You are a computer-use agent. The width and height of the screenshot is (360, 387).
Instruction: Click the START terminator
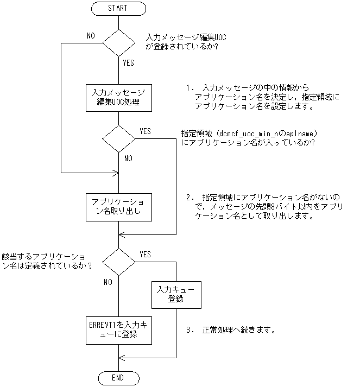pos(118,9)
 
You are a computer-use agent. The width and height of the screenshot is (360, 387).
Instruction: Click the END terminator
pos(118,378)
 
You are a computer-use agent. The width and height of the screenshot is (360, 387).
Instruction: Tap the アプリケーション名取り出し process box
pos(118,206)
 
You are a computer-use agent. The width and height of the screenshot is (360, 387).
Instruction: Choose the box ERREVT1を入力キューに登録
pos(118,329)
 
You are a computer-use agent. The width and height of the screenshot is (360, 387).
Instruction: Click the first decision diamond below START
pos(118,42)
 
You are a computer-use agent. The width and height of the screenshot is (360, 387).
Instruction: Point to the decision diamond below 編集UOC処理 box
pos(118,138)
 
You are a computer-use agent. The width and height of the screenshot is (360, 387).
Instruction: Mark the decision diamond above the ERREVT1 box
pos(118,262)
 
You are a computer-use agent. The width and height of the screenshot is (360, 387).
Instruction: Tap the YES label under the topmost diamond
pos(129,63)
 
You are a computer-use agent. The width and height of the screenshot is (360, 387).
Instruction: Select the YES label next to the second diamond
pos(146,131)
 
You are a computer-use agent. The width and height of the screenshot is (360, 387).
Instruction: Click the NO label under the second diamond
pos(129,158)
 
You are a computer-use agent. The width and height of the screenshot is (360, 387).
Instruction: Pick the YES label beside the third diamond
pos(146,254)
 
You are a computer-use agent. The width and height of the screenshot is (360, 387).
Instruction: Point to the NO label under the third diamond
pos(108,282)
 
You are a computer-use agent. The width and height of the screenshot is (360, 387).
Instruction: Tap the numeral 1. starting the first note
pos(189,87)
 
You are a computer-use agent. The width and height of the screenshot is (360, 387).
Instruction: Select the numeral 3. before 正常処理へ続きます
pos(189,330)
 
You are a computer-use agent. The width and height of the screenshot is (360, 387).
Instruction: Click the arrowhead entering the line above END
pos(122,358)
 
